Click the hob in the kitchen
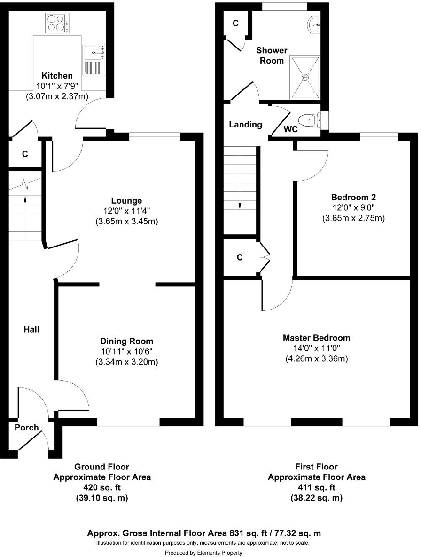tap(57, 23)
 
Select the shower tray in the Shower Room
tap(305, 77)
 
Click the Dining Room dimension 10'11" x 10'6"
tap(126, 352)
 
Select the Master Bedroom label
tap(316, 338)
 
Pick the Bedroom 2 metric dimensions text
tap(353, 218)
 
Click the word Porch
tap(27, 428)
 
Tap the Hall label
tap(31, 330)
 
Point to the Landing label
tap(245, 125)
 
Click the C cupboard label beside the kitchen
tap(25, 154)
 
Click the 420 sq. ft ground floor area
tap(102, 487)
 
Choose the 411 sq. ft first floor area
tap(316, 487)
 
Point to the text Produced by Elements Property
tap(203, 552)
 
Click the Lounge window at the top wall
tap(155, 137)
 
